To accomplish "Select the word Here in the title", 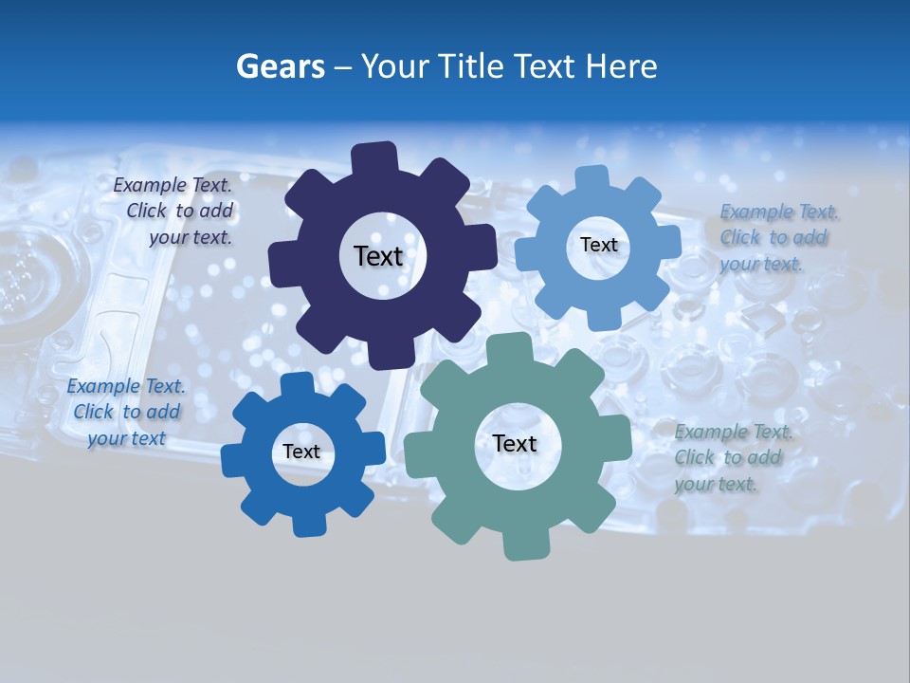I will tap(622, 66).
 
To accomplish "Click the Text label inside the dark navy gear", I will tap(378, 256).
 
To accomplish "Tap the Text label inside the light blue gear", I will tap(598, 245).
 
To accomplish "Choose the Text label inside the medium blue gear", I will tap(301, 452).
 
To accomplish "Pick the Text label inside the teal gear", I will tap(515, 444).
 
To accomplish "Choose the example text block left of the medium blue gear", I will tap(125, 412).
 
